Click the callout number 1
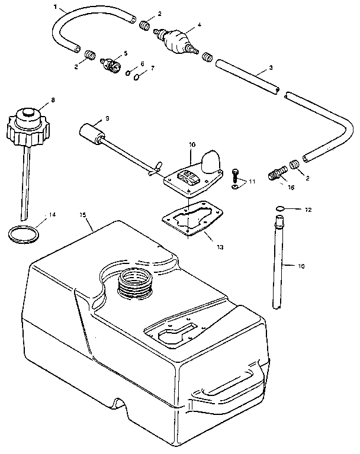click(x=56, y=7)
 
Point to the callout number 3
click(x=270, y=67)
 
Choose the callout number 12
click(x=307, y=210)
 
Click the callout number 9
click(x=107, y=118)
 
